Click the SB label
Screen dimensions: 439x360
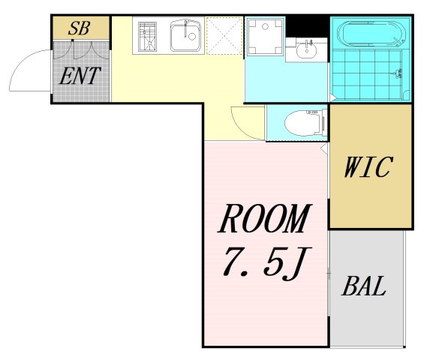pos(80,28)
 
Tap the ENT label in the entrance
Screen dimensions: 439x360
pos(80,76)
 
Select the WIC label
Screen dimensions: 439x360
pos(368,167)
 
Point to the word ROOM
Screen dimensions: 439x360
pos(265,218)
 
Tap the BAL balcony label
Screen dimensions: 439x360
pos(364,286)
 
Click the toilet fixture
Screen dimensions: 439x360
pos(306,122)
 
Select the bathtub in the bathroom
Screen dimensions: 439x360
pos(371,34)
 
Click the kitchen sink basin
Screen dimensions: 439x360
pos(185,35)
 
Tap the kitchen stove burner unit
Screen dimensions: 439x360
pos(147,37)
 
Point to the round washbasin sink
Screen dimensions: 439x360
pos(307,50)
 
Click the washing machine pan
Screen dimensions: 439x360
pos(265,37)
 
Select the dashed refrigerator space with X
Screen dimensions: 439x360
pos(224,35)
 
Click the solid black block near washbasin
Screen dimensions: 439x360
pos(307,27)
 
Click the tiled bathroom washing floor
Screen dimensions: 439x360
pos(368,74)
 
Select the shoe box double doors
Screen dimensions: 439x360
pos(80,50)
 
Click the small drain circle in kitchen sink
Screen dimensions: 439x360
pos(192,36)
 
